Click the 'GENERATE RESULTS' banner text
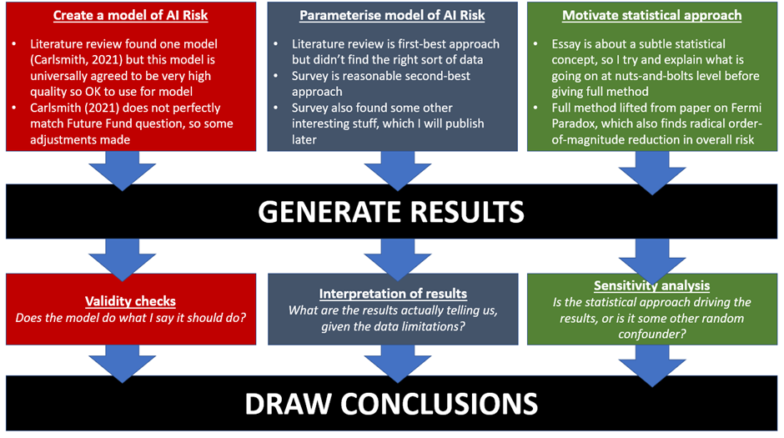tap(391, 211)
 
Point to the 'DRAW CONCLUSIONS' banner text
tap(391, 403)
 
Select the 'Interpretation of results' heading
tap(392, 294)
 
